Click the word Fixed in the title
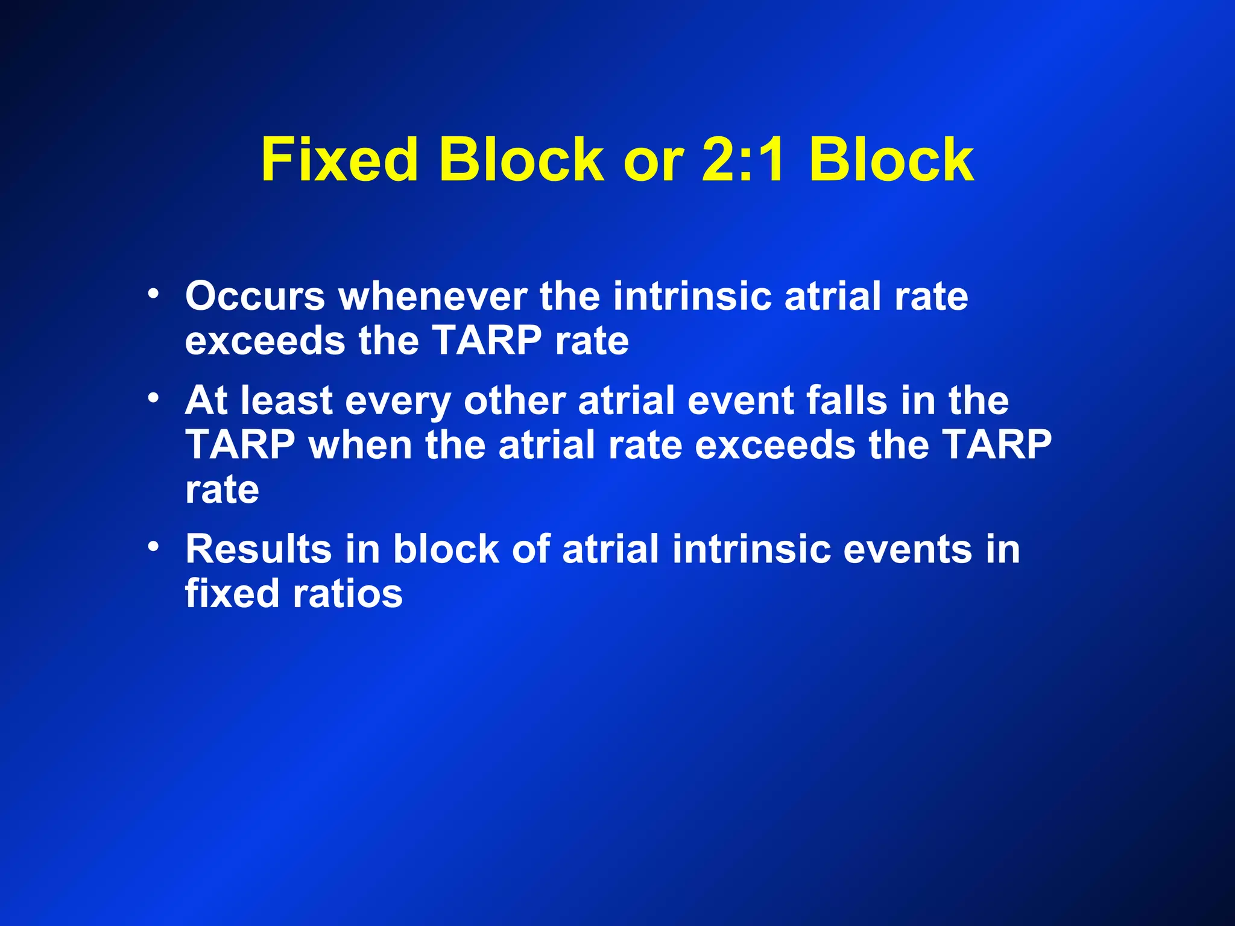339,160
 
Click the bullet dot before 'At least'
154,398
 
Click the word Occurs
255,297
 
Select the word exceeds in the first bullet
265,341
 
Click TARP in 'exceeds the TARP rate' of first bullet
487,341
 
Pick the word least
286,400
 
